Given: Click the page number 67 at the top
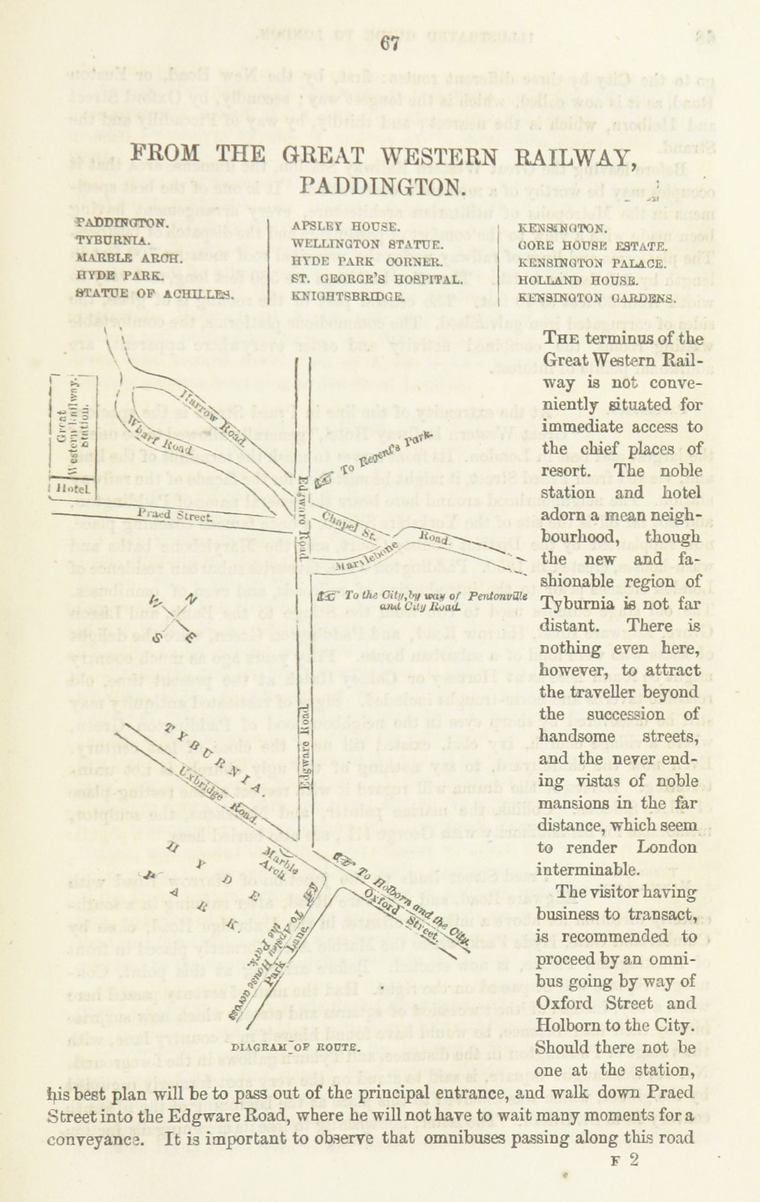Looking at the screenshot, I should tap(390, 44).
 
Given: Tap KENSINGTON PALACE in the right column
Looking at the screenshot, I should tap(591, 264).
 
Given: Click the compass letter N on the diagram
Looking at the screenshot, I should tap(192, 600).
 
